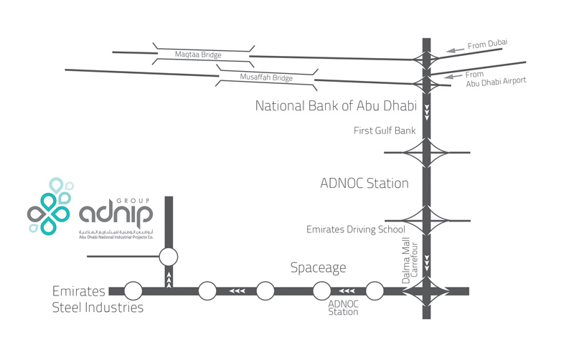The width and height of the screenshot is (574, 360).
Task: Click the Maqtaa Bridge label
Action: [198, 54]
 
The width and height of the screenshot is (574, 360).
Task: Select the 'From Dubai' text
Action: [487, 45]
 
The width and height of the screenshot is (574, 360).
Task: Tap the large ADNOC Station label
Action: [364, 184]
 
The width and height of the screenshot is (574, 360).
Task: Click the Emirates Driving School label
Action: [356, 229]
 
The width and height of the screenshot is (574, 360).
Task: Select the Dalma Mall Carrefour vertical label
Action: [410, 262]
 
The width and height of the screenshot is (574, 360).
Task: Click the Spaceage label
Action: [318, 267]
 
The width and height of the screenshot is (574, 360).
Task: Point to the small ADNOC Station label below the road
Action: [343, 308]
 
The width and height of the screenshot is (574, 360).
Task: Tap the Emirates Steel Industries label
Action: [98, 299]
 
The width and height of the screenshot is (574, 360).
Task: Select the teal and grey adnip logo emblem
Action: [50, 206]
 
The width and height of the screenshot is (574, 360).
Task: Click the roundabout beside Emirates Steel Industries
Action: [133, 291]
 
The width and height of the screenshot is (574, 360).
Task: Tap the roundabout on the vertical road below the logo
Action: [169, 256]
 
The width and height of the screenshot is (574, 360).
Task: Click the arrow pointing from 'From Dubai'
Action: [454, 50]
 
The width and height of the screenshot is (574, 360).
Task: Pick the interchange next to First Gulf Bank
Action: [427, 152]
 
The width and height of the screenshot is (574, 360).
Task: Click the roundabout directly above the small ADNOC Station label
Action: [322, 291]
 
